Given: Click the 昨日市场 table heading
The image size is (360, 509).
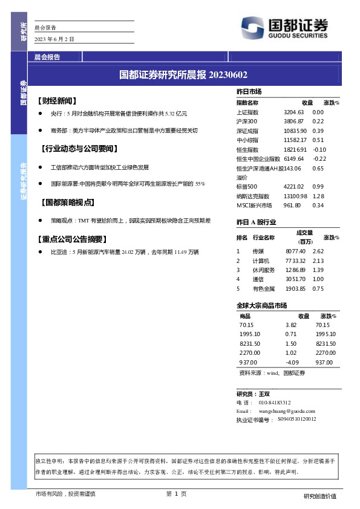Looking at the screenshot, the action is click(x=249, y=91).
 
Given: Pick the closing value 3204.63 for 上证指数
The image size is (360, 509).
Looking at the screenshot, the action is click(x=293, y=112).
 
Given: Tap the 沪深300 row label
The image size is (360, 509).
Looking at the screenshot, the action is click(x=247, y=122).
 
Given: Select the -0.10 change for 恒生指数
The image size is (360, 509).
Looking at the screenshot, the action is click(x=319, y=149).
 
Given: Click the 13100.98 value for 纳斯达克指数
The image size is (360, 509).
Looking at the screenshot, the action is click(x=295, y=196).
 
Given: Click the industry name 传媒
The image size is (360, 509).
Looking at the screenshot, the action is click(x=258, y=251).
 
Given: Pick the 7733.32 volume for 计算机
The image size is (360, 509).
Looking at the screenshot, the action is click(x=296, y=261).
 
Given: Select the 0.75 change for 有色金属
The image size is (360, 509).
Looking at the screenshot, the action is click(x=318, y=288).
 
